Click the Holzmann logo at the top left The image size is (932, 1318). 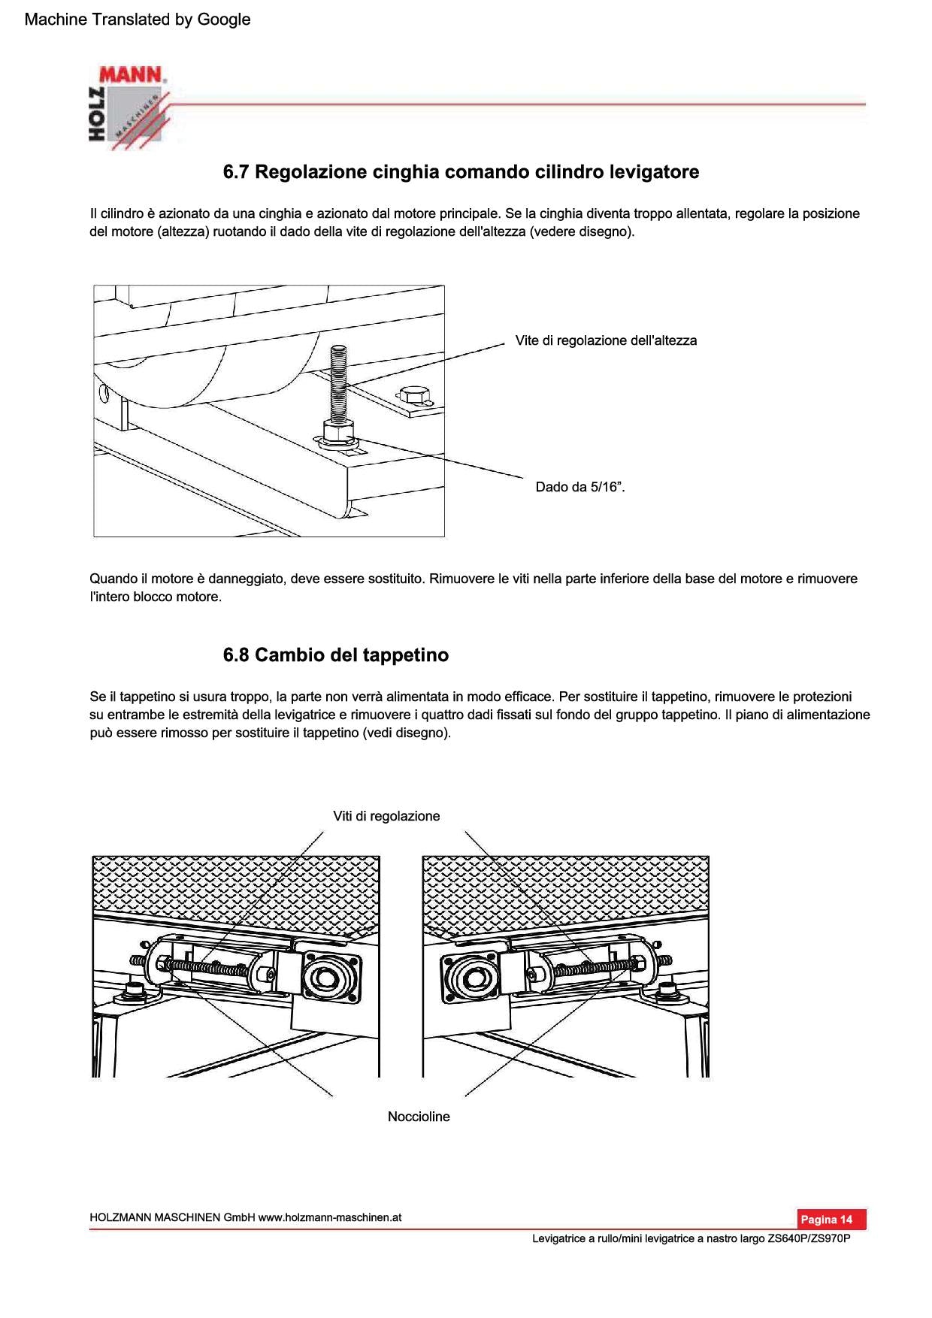pyautogui.click(x=129, y=107)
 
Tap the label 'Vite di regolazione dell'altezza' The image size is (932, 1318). pyautogui.click(x=606, y=340)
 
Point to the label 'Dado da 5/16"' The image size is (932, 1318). pyautogui.click(x=579, y=487)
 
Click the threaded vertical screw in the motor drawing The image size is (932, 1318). pyautogui.click(x=337, y=383)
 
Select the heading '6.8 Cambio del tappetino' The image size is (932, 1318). pyautogui.click(x=336, y=655)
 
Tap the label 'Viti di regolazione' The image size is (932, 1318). pyautogui.click(x=386, y=816)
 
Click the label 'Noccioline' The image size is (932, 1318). pyautogui.click(x=419, y=1117)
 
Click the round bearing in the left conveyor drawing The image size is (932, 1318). pyautogui.click(x=325, y=979)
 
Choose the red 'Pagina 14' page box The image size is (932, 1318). pyautogui.click(x=831, y=1219)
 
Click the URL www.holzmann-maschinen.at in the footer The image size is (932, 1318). pyautogui.click(x=329, y=1217)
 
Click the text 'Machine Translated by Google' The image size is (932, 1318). pyautogui.click(x=138, y=20)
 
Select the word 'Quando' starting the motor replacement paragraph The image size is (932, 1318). pyautogui.click(x=113, y=579)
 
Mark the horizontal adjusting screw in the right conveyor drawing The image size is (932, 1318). pyautogui.click(x=594, y=969)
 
